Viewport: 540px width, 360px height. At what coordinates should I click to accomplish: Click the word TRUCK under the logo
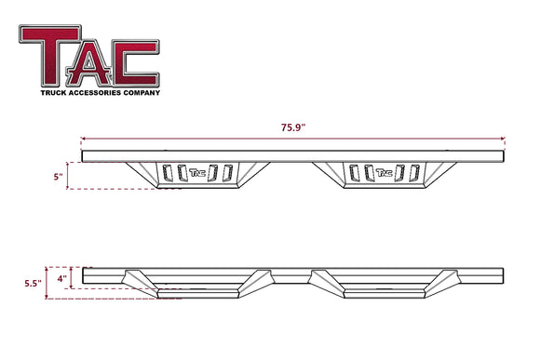[54, 92]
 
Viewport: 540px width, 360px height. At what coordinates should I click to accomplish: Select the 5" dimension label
[59, 175]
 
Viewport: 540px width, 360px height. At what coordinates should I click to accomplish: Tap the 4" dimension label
[61, 276]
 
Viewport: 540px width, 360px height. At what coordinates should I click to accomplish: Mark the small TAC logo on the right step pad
[383, 171]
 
